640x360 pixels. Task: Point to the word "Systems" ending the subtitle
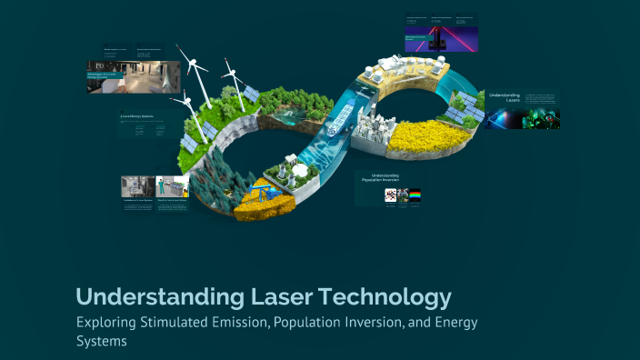100,342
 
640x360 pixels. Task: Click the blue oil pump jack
260,194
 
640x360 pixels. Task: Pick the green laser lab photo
523,119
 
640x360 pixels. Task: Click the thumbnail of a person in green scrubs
172,186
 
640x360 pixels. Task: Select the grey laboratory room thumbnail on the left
137,186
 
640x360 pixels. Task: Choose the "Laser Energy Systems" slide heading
136,116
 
